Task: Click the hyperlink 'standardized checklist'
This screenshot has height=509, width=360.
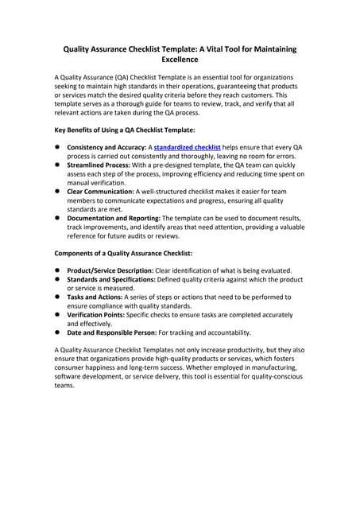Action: pos(187,148)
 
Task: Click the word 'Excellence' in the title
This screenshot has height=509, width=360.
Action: pos(180,60)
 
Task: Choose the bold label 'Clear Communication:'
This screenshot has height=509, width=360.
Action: pos(101,192)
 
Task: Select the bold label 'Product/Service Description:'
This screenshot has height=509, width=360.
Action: pos(110,270)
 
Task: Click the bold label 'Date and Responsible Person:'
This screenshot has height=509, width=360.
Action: pos(112,333)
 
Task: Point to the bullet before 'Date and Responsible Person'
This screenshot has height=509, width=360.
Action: pos(57,333)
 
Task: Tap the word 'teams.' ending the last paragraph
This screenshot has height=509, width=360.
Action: pos(64,386)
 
